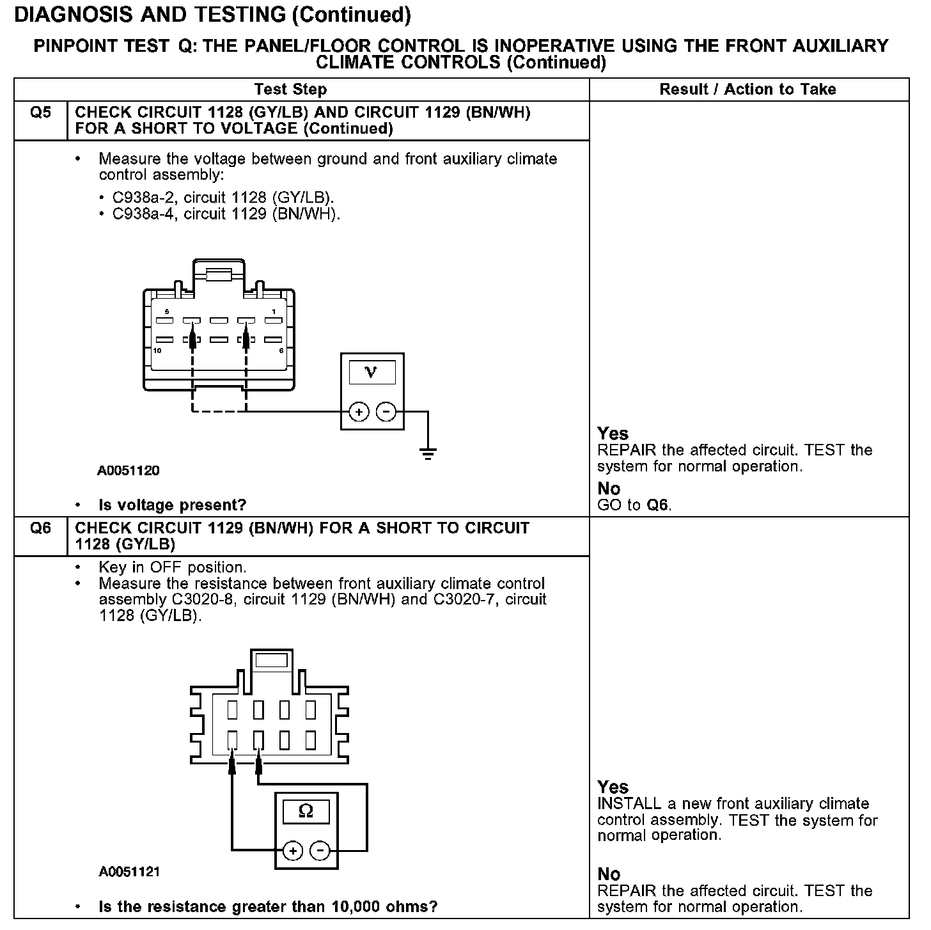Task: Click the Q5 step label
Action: pos(40,113)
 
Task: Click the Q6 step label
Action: pos(40,529)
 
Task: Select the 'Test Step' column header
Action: pos(290,90)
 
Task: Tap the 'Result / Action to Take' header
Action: pos(747,90)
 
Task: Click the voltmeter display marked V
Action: pos(372,372)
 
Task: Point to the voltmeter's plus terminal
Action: pos(359,412)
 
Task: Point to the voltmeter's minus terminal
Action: pos(386,412)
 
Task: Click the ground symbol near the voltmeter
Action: pos(428,454)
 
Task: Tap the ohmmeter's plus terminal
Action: pos(293,851)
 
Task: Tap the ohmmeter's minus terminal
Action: pos(320,851)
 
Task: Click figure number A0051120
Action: pos(129,471)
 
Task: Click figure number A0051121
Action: pos(129,872)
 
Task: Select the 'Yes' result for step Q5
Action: pos(613,434)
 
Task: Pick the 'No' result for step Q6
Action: pos(609,874)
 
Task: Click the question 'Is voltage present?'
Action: pos(172,505)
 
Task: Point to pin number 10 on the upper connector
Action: pos(157,351)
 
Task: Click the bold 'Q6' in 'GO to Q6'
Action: pos(658,505)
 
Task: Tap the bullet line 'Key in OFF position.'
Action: pos(172,567)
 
